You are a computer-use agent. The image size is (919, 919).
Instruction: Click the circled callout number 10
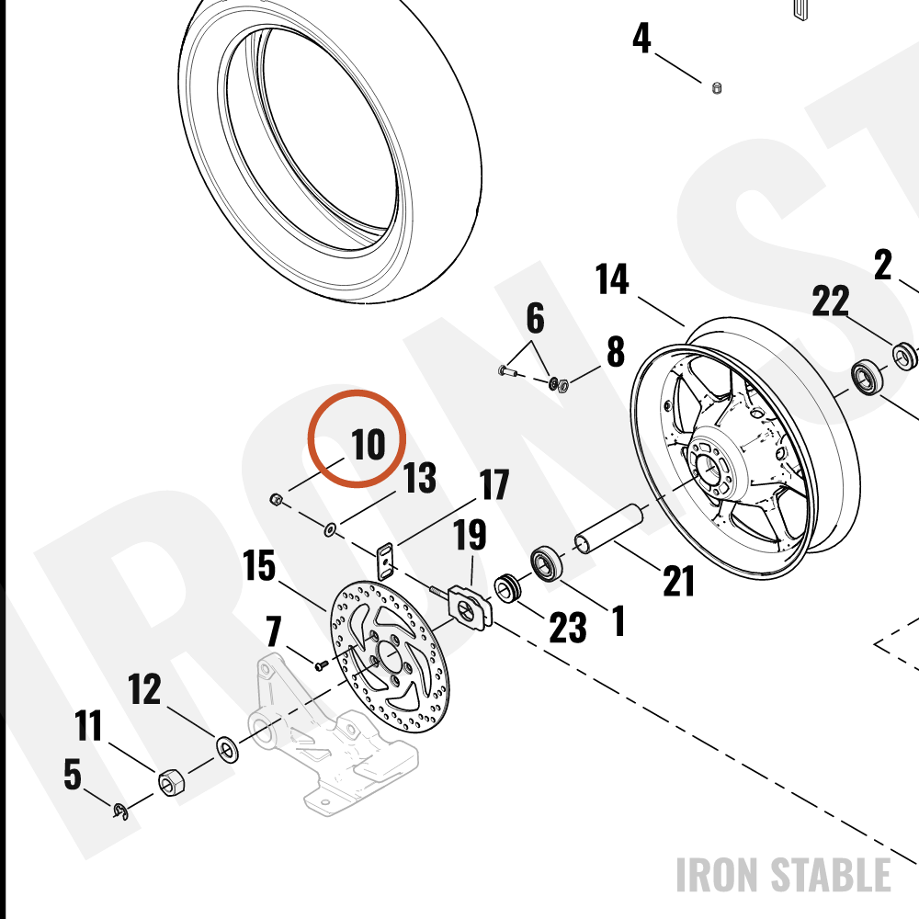coord(369,444)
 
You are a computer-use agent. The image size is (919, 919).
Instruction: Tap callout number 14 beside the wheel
coord(612,279)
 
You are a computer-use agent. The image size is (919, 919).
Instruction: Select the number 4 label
coord(641,38)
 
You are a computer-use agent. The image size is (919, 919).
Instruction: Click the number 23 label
coord(567,628)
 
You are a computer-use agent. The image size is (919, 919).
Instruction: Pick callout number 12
coord(144,689)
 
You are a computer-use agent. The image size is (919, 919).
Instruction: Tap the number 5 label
coord(72,774)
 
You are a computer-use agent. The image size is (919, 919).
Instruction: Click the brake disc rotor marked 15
coord(387,653)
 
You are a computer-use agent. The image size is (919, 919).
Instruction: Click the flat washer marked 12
coord(227,749)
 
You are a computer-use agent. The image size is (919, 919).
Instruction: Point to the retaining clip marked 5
coord(120,811)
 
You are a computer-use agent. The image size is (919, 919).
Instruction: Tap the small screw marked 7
coord(321,665)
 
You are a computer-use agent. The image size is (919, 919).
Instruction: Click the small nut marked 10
coord(276,500)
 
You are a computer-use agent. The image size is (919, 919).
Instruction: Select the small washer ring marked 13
coord(330,531)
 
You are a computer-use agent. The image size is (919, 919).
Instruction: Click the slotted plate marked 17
coord(384,561)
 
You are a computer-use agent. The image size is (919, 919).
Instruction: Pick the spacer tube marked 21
coord(609,528)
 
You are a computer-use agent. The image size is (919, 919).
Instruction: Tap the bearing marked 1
coord(547,563)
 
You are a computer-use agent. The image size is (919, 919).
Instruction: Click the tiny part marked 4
coord(716,88)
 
